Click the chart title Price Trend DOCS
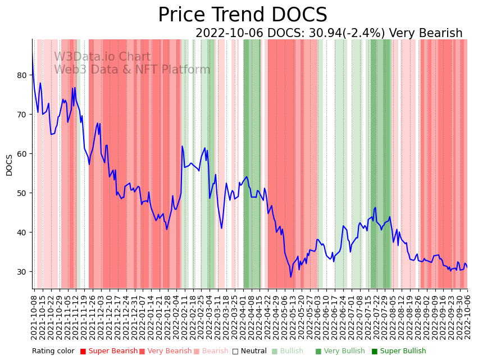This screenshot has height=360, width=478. click(x=242, y=15)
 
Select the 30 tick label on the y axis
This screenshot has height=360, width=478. click(x=22, y=272)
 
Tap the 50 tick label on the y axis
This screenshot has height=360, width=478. click(x=22, y=193)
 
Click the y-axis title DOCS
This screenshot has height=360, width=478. click(x=9, y=165)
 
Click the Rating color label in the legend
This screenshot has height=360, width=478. click(x=53, y=351)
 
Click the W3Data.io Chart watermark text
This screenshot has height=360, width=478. click(x=102, y=57)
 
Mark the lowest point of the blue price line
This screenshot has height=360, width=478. click(x=291, y=277)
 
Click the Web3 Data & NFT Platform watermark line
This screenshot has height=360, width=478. click(x=132, y=70)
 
